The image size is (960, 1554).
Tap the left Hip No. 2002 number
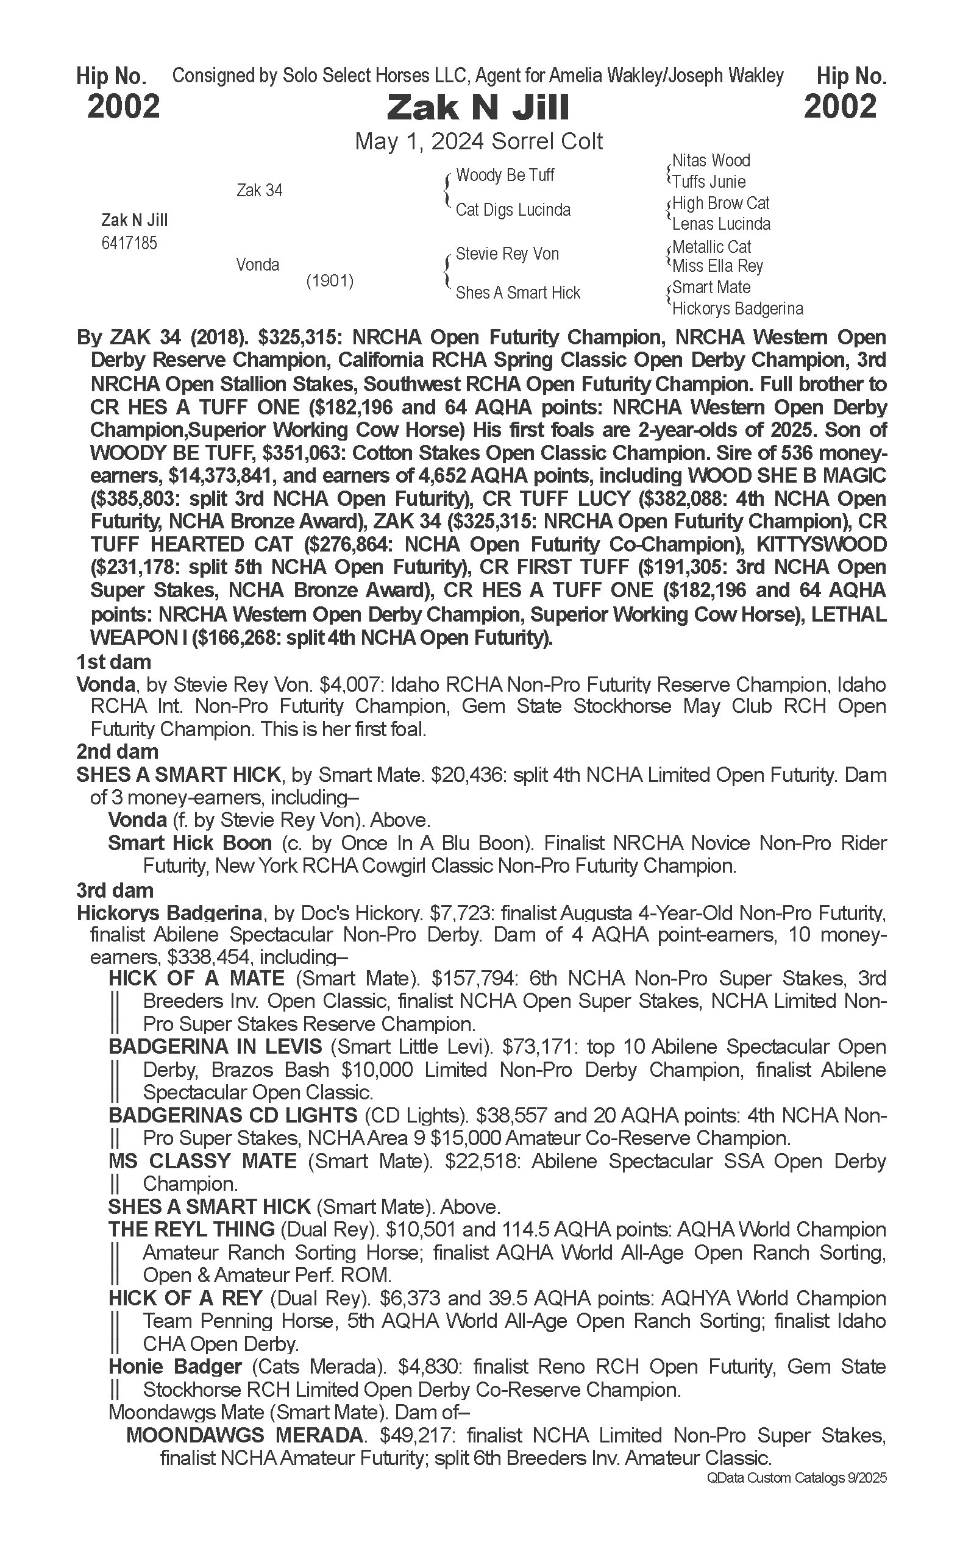tap(123, 106)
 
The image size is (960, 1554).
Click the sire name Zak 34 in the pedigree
tap(259, 190)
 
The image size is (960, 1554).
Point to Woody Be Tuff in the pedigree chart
tap(505, 176)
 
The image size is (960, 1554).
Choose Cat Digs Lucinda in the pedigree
tap(513, 210)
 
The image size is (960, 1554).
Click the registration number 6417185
tap(129, 243)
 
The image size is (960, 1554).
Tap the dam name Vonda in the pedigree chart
tap(257, 264)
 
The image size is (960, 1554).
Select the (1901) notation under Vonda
tap(330, 280)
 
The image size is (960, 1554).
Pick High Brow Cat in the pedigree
tap(720, 203)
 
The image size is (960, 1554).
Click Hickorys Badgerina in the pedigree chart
tap(737, 308)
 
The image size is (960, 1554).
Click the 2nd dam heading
tap(117, 751)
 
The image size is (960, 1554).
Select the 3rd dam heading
tap(115, 890)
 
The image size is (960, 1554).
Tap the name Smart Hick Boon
tap(190, 843)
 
